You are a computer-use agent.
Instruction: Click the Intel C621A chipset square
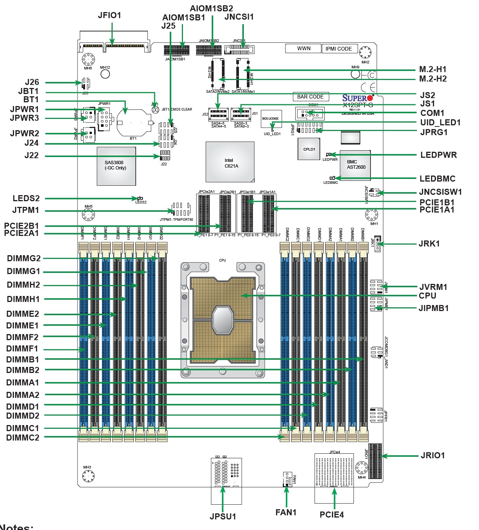230,162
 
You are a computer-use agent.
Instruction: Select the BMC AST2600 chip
355,165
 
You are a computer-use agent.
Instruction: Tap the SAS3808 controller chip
116,166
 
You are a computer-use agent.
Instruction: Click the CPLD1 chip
309,149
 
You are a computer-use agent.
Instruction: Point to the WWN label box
303,49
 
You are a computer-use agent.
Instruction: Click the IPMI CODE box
338,49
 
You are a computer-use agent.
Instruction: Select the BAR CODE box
310,97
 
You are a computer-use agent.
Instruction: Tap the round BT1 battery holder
133,123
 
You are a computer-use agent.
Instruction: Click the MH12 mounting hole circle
105,74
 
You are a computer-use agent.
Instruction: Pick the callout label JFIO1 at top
110,15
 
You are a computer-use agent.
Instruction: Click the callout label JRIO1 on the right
433,456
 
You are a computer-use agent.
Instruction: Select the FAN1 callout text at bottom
286,512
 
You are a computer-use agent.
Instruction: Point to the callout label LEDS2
26,199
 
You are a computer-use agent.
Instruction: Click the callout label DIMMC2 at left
23,438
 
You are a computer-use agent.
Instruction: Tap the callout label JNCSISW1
440,192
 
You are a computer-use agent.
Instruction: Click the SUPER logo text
355,98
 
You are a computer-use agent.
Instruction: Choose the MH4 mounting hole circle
362,468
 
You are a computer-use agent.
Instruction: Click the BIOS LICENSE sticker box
271,119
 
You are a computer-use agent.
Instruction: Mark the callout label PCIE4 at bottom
332,515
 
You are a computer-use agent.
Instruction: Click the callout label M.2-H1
433,69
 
